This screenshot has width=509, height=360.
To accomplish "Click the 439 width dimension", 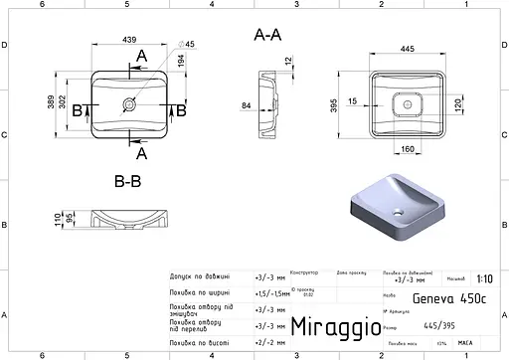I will pos(129,39).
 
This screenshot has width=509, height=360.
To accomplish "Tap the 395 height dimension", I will pos(334,104).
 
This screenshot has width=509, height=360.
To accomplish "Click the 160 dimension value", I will pos(409,150).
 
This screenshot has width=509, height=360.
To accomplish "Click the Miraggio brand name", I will pos(334,326).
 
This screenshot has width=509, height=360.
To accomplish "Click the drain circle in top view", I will pos(129,102).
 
